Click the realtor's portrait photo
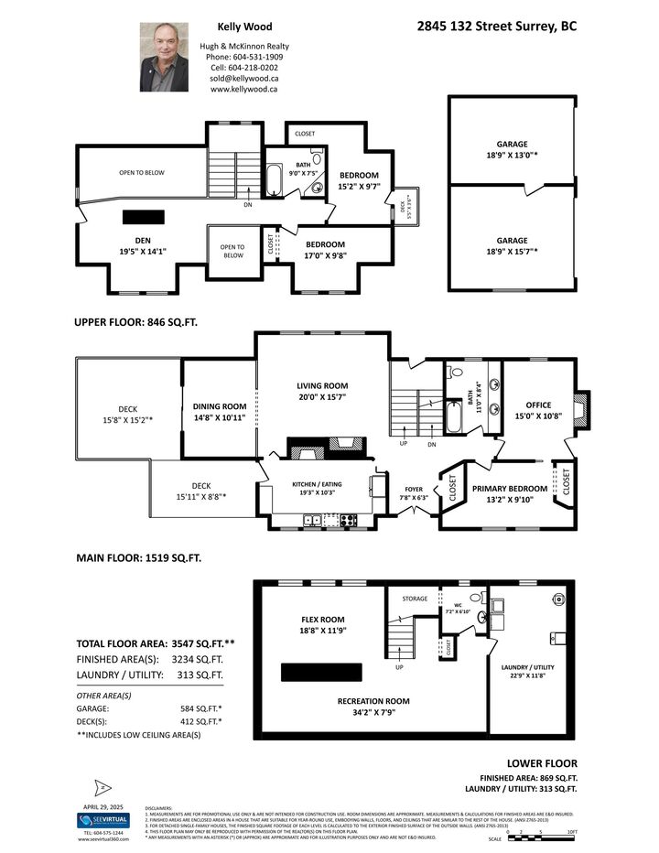[164, 57]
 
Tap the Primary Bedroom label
[510, 489]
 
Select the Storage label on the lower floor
[415, 599]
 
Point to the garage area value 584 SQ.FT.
[202, 707]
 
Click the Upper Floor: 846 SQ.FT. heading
[135, 322]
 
